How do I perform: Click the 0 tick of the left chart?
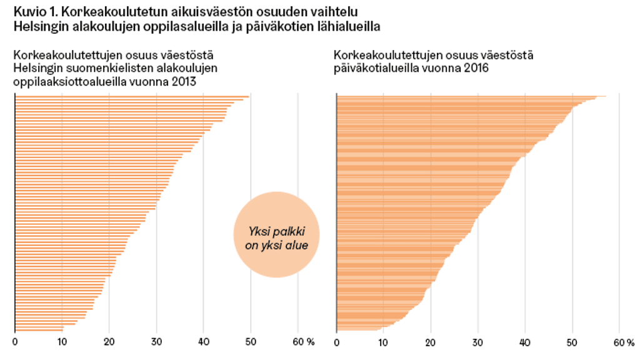15,342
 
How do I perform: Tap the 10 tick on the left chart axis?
61,342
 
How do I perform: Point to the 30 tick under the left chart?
156,342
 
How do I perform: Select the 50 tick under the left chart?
251,342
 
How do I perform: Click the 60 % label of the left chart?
302,342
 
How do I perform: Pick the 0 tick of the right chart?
337,342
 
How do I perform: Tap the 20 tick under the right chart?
430,342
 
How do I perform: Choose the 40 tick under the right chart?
525,342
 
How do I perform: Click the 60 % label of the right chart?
624,342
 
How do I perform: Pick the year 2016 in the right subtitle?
476,67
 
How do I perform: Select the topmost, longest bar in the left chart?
131,96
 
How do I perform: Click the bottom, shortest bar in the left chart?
39,329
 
